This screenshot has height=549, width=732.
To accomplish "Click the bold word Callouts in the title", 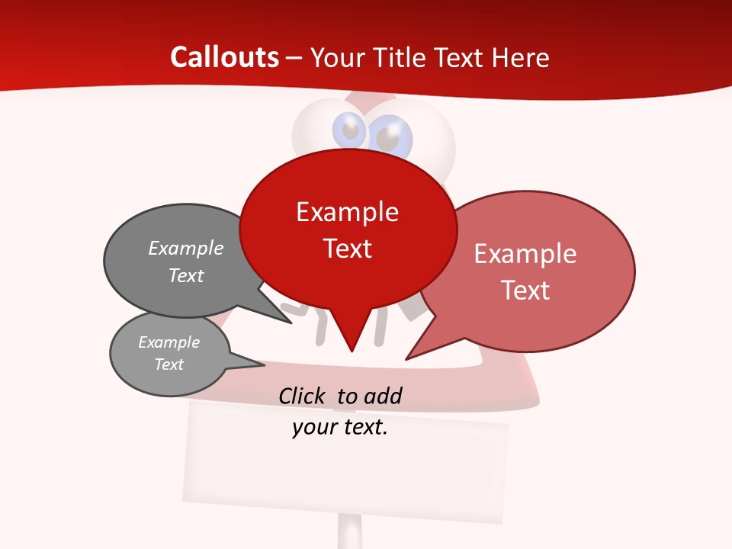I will pos(224,57).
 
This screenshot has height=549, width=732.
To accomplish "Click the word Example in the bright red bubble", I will pos(347,212).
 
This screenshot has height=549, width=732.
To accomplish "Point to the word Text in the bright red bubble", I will pos(347,249).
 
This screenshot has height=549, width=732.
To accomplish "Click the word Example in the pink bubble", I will pos(525,254).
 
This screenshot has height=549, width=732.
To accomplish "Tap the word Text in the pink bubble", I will pos(525,291).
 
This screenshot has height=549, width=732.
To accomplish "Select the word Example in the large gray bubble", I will pos(186,249).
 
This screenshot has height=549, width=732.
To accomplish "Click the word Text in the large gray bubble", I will pos(186,275).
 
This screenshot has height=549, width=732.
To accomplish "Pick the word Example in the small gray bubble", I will pos(169,342).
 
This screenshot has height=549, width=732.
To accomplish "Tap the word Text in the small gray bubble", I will pos(169,364).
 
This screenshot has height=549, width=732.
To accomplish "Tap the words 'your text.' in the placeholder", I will pos(340,427).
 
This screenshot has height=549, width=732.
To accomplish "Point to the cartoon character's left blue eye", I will pos(351,130).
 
